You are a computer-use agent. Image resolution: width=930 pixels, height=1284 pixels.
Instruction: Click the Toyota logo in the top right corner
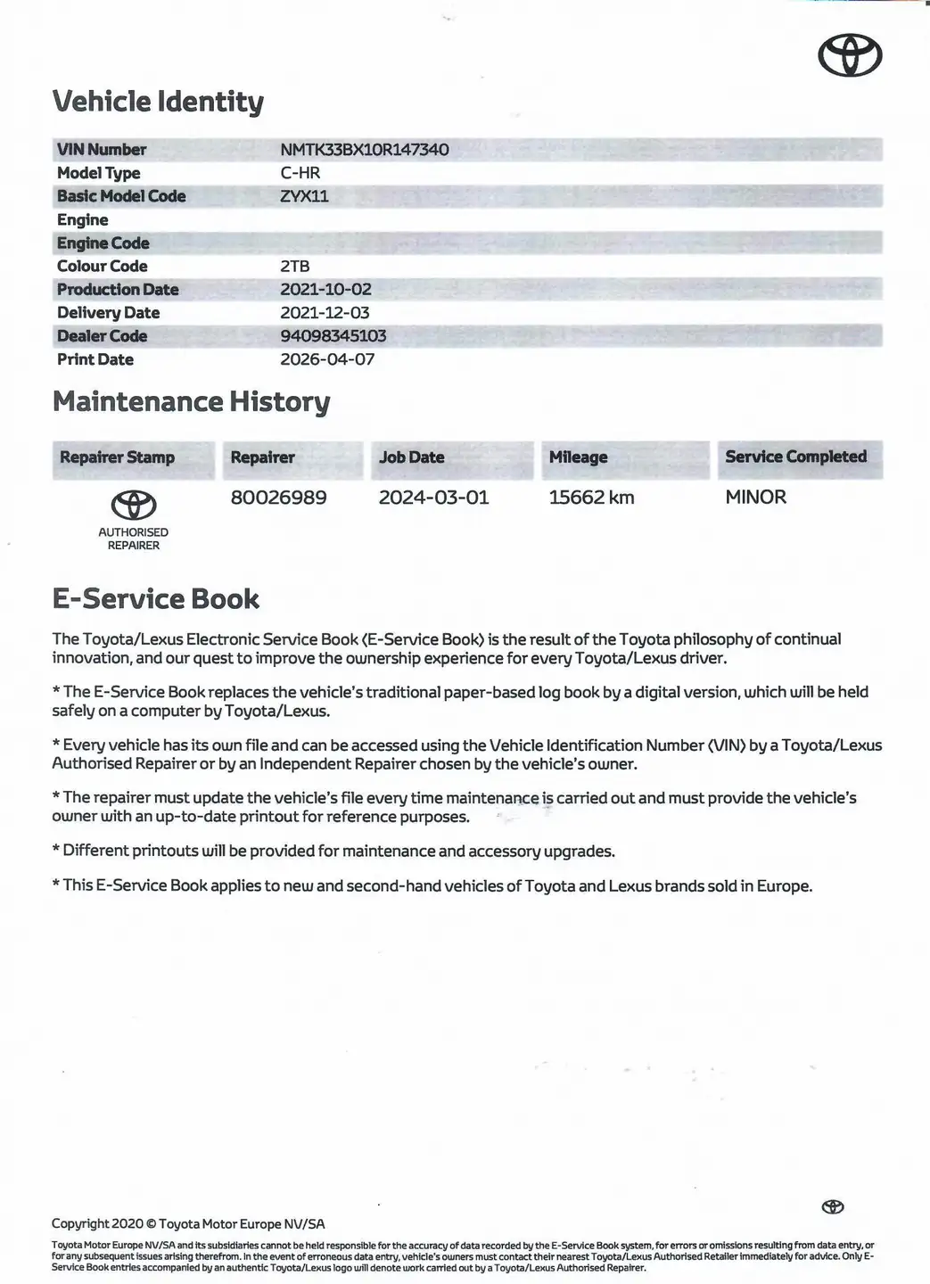pyautogui.click(x=850, y=57)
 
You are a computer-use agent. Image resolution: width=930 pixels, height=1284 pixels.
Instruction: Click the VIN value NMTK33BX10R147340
pyautogui.click(x=364, y=150)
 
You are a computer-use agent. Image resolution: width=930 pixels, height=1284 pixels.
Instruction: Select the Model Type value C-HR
pyautogui.click(x=300, y=173)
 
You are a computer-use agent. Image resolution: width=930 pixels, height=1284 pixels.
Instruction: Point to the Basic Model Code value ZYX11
pyautogui.click(x=304, y=196)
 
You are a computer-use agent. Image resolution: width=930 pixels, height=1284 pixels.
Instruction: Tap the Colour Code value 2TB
pyautogui.click(x=294, y=266)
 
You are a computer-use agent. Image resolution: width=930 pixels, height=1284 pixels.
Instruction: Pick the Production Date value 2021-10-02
pyautogui.click(x=325, y=289)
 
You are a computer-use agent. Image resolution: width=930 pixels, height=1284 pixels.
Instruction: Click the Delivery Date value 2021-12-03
pyautogui.click(x=325, y=313)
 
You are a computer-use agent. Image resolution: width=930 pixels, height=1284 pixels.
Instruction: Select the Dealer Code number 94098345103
pyautogui.click(x=333, y=336)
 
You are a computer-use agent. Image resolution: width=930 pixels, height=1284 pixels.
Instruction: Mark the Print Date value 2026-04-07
pyautogui.click(x=327, y=359)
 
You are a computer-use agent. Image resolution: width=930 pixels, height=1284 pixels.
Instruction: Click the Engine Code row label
pyautogui.click(x=103, y=243)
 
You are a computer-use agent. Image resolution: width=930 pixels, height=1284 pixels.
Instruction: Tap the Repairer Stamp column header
pyautogui.click(x=117, y=457)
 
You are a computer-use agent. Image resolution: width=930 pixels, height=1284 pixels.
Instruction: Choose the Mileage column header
pyautogui.click(x=578, y=457)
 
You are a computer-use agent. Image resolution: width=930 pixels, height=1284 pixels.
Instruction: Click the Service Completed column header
pyautogui.click(x=795, y=457)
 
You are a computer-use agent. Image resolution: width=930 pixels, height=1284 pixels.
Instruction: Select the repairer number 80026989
pyautogui.click(x=278, y=498)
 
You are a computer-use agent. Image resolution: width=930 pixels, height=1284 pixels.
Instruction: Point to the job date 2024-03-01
pyautogui.click(x=433, y=498)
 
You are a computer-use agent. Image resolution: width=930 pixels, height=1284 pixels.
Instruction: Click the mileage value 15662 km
pyautogui.click(x=591, y=498)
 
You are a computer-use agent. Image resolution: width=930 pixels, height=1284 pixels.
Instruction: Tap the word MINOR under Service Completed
pyautogui.click(x=755, y=497)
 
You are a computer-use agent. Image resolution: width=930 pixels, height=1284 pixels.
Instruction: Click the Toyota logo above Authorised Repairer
pyautogui.click(x=134, y=506)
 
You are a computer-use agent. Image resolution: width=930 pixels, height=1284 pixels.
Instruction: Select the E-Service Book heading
pyautogui.click(x=155, y=599)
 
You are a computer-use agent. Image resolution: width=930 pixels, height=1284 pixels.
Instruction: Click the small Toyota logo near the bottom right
pyautogui.click(x=833, y=1206)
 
